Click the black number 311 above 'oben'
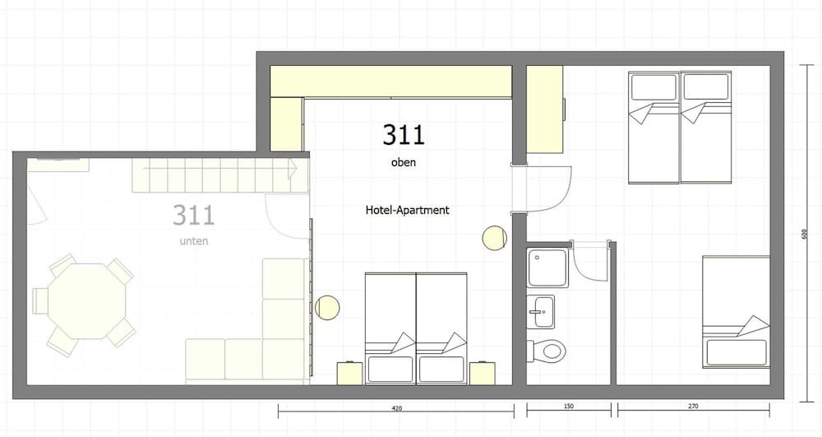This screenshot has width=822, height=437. (x=403, y=134)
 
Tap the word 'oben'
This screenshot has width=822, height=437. (x=403, y=162)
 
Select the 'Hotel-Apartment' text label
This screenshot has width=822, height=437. (x=408, y=210)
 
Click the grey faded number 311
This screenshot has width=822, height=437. (x=194, y=215)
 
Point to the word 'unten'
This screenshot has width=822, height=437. (x=194, y=241)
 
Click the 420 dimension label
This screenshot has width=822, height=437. (x=397, y=407)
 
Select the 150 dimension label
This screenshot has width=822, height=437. (x=569, y=406)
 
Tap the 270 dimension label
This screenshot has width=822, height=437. (x=693, y=406)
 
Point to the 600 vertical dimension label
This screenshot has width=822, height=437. (x=805, y=234)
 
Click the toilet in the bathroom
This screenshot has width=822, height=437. (x=547, y=350)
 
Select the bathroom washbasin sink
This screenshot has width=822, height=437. (x=540, y=312)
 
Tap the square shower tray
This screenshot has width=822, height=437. (x=547, y=267)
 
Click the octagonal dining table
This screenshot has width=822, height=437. (x=88, y=301)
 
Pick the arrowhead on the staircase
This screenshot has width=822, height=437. (x=292, y=170)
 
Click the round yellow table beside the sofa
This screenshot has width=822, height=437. (x=328, y=308)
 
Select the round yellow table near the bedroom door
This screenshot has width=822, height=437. (x=494, y=238)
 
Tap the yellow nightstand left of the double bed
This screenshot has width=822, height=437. (x=351, y=374)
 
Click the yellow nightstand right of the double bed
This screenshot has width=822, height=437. (x=483, y=374)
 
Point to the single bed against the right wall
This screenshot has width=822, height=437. (x=736, y=312)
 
